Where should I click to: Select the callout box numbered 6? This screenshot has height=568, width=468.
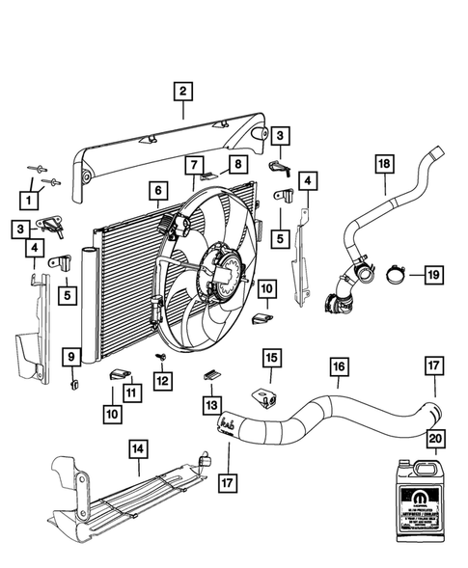click(x=155, y=191)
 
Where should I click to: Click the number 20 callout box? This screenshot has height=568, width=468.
click(x=435, y=437)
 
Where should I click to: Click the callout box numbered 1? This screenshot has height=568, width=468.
click(x=32, y=201)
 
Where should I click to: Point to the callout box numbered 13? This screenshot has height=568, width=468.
click(x=210, y=402)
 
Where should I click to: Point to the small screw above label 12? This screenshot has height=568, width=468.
click(x=162, y=357)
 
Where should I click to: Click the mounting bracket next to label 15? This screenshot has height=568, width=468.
click(x=262, y=395)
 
